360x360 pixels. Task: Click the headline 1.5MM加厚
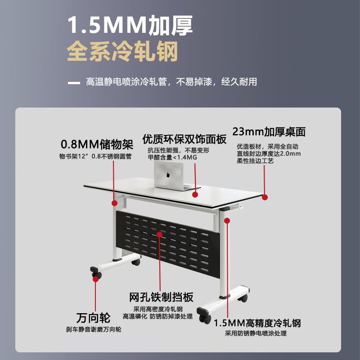tap(130, 26)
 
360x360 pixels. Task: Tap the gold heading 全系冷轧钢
tap(122, 52)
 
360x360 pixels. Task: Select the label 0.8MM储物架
tap(97, 144)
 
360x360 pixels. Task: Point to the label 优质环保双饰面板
tap(184, 139)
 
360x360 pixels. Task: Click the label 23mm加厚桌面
tap(269, 131)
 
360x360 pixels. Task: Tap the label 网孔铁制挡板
tap(161, 297)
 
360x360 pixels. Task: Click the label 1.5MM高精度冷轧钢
tap(257, 323)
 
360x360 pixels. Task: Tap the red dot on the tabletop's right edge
tap(265, 197)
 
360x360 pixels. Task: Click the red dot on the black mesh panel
tap(159, 234)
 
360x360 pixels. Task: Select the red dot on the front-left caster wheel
tap(95, 279)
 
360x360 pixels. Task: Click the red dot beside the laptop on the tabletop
tap(195, 194)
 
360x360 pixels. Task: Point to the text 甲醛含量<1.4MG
tap(172, 157)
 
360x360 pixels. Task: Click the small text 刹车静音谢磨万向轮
tap(93, 329)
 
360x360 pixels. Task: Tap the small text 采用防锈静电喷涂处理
tap(256, 333)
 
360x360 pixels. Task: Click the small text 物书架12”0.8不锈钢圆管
tap(95, 156)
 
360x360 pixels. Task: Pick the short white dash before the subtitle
tap(73, 82)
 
